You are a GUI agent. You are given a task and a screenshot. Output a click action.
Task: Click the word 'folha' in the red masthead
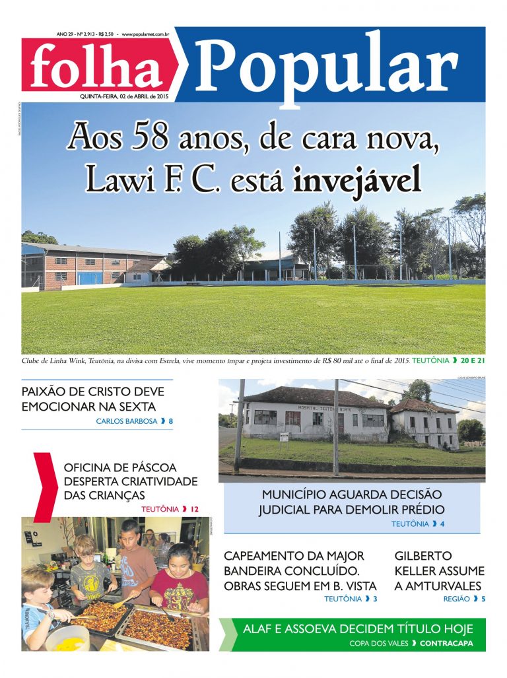(x=96, y=67)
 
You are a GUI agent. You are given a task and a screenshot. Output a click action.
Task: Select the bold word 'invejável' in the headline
(x=357, y=179)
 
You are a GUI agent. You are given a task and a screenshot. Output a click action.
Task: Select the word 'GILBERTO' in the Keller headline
(x=423, y=556)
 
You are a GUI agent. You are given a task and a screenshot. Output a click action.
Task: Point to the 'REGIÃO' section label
(x=456, y=599)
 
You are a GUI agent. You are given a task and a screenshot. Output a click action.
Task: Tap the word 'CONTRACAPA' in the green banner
(x=446, y=643)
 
